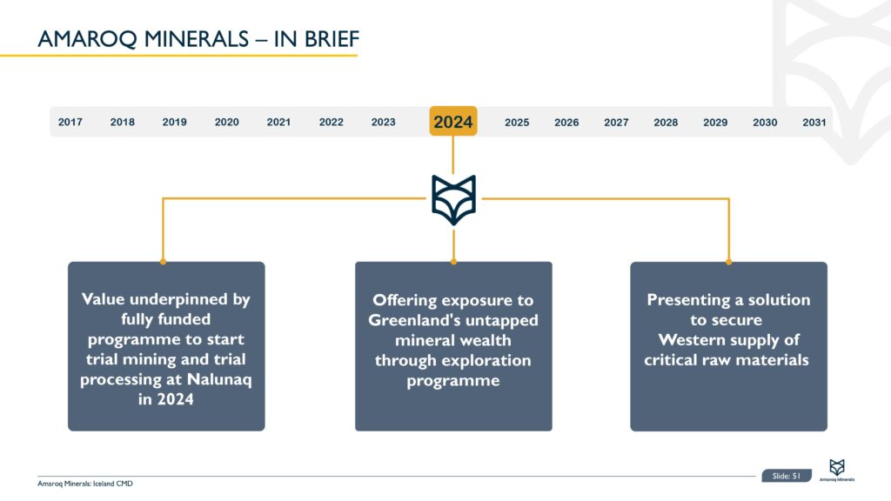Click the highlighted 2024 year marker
coord(452,121)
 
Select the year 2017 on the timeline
coord(70,122)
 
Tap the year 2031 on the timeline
coord(814,122)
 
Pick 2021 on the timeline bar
coord(278,122)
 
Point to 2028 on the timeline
coord(666,122)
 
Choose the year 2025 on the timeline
coord(517,122)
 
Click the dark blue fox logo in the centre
coord(453,200)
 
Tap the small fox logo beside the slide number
coord(837,467)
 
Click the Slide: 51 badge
coord(787,476)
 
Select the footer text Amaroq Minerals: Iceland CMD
coord(85,484)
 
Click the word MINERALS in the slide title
coord(196,39)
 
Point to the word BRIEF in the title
coord(332,39)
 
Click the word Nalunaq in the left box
coord(218,379)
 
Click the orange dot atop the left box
coord(163,262)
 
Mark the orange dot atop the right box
coord(728,262)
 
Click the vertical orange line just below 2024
coord(452,155)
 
